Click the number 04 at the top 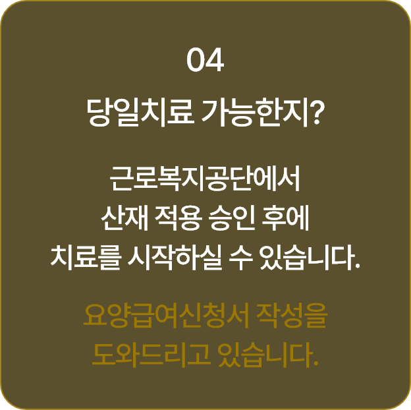(x=205, y=60)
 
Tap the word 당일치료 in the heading (x=140, y=113)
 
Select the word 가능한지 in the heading (x=254, y=113)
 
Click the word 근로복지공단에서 (x=205, y=179)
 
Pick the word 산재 (x=124, y=218)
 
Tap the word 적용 (x=178, y=218)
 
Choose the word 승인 (x=233, y=218)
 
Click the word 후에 (x=286, y=218)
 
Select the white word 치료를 (x=86, y=258)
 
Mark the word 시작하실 (x=175, y=258)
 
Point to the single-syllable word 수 (x=241, y=258)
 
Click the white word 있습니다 (x=306, y=258)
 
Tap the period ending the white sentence (x=357, y=267)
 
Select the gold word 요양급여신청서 (x=166, y=316)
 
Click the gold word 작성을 (x=291, y=316)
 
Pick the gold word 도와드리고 (x=151, y=355)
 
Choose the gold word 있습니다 (x=265, y=355)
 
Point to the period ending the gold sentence (x=315, y=364)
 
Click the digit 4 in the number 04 (x=215, y=60)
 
